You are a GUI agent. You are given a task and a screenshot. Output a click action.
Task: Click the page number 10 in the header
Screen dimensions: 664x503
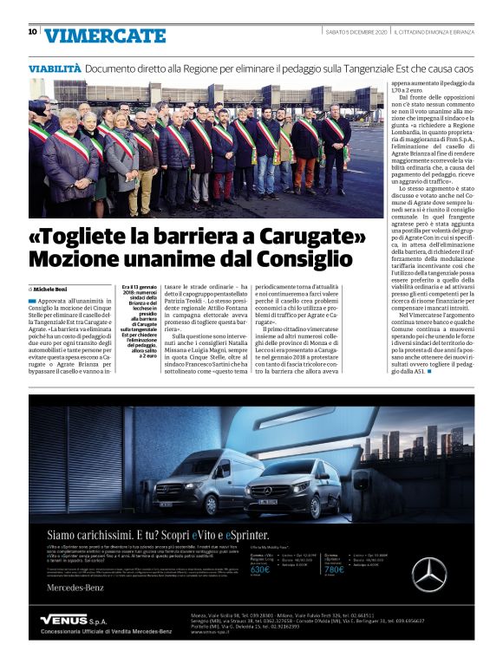coord(33,32)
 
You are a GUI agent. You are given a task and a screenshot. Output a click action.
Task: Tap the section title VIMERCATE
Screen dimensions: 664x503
coord(105,36)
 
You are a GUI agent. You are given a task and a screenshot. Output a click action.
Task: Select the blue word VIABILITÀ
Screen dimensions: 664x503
coord(55,67)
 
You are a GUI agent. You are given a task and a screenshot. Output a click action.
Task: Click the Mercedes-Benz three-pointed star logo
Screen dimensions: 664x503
coord(452,574)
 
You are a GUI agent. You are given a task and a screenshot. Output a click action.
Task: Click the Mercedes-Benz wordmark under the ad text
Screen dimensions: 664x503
coord(73,591)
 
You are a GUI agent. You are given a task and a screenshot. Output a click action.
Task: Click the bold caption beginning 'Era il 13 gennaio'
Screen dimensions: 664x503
coord(138,321)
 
